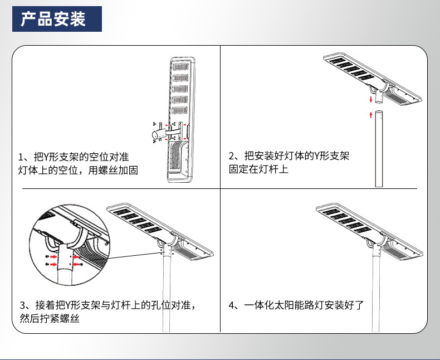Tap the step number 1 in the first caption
point(22,157)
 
